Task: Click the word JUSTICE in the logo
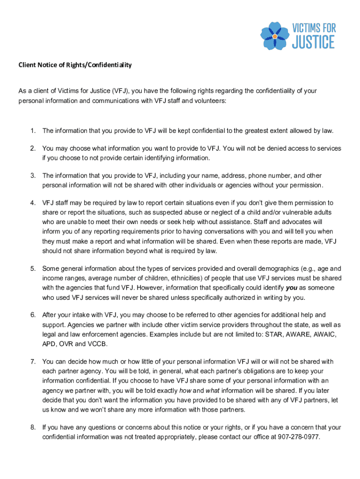313,42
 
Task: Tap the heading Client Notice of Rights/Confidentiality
75,65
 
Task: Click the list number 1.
33,130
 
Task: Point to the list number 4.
33,203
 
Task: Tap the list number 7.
33,362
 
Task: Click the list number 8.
33,427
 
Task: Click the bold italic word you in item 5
291,288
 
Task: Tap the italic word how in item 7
186,390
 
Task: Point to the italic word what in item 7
213,390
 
